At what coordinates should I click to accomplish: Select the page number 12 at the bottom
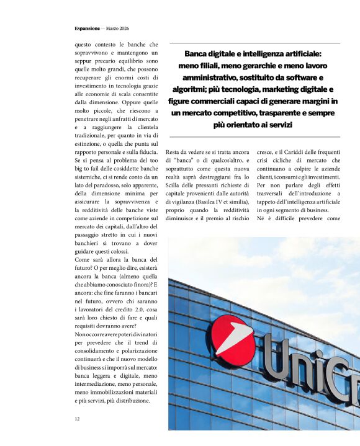pos(77,419)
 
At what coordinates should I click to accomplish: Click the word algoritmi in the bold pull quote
pos(189,89)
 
